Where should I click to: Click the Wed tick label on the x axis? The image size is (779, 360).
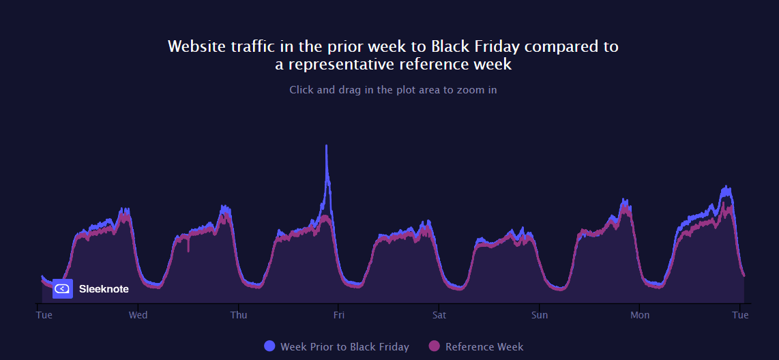[138, 315]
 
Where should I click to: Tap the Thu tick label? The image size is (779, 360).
[239, 315]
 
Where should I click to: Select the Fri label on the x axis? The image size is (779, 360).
[338, 315]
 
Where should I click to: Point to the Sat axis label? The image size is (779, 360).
[439, 315]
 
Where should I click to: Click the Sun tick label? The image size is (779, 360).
[540, 315]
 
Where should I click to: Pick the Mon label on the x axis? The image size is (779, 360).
[640, 315]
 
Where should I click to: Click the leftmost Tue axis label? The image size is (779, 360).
[44, 315]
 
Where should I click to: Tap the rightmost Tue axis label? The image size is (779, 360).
[740, 315]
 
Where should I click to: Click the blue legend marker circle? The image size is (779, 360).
[269, 346]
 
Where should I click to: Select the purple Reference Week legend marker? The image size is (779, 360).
[434, 346]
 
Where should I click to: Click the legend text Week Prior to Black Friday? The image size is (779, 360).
[344, 347]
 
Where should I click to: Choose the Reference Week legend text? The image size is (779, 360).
[484, 347]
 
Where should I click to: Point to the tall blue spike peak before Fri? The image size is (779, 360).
[327, 146]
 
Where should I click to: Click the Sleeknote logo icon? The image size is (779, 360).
[62, 288]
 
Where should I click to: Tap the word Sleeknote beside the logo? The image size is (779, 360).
[104, 289]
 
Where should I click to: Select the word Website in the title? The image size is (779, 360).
[194, 46]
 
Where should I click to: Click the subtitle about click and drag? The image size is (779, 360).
[393, 89]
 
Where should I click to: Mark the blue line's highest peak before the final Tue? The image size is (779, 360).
[727, 186]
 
